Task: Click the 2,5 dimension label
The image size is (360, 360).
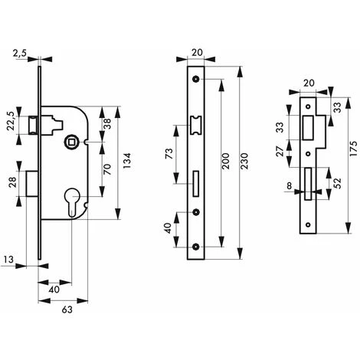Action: click(x=18, y=54)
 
